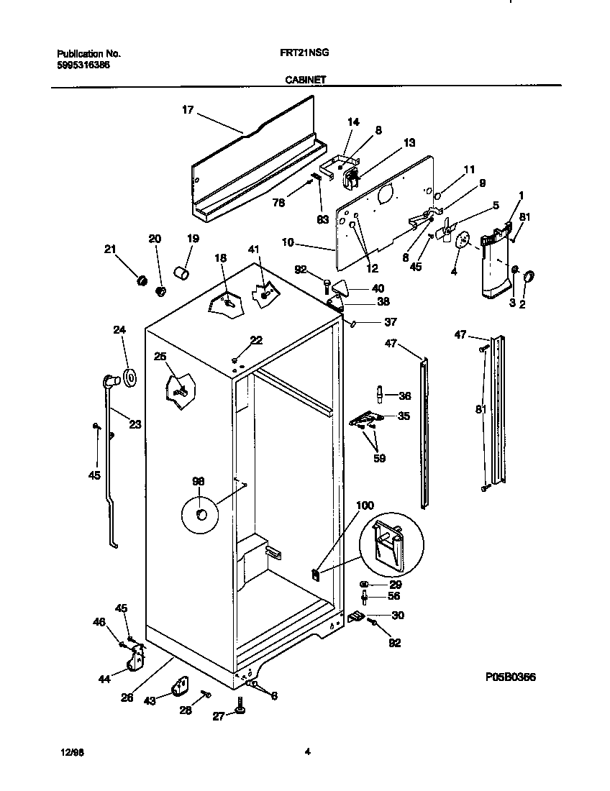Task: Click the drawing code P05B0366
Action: pyautogui.click(x=510, y=677)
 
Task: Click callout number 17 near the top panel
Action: pyautogui.click(x=187, y=110)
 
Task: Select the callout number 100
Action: pyautogui.click(x=365, y=506)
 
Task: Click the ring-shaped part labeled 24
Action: pyautogui.click(x=130, y=377)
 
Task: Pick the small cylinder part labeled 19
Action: pyautogui.click(x=183, y=274)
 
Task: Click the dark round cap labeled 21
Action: pyautogui.click(x=142, y=279)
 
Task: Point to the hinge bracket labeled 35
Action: pyautogui.click(x=369, y=418)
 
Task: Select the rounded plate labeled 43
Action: pyautogui.click(x=180, y=687)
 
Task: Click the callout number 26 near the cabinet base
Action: pyautogui.click(x=127, y=697)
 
